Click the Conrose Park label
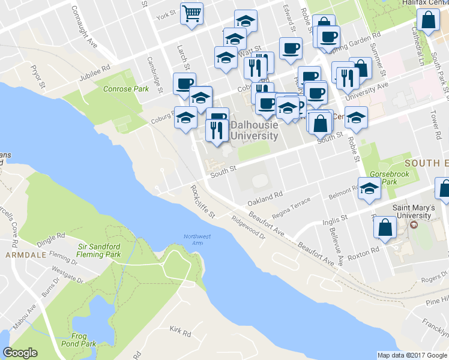(x=125, y=89)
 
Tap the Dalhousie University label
(x=255, y=131)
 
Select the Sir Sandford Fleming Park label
(x=100, y=250)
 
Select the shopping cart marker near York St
(x=191, y=13)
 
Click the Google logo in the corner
(x=20, y=353)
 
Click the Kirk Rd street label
(x=179, y=331)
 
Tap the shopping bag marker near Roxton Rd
(x=384, y=228)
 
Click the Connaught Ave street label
(x=84, y=26)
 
